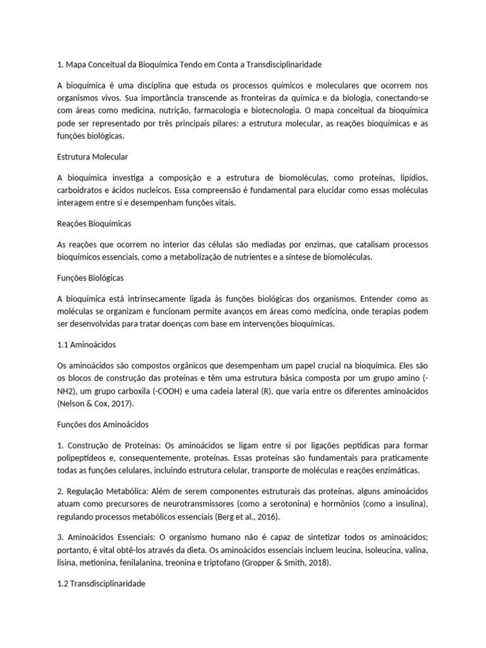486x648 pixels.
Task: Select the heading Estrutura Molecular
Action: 92,156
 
